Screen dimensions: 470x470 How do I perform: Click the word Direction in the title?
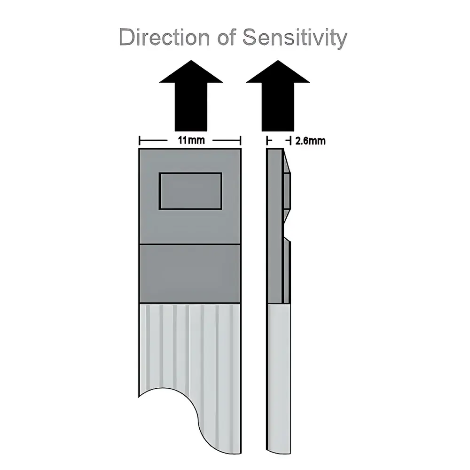pos(165,37)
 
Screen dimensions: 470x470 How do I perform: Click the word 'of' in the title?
pos(228,37)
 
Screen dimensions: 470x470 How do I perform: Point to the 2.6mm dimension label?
pos(310,141)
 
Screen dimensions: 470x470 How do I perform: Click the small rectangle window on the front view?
pos(190,191)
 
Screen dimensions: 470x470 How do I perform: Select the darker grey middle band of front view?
pos(190,274)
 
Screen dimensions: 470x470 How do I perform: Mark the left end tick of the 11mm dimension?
pos(140,141)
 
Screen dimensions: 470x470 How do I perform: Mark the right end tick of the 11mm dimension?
pos(241,141)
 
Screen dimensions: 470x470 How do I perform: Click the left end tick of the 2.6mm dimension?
pos(267,141)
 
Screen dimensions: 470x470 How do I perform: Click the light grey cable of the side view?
pos(279,376)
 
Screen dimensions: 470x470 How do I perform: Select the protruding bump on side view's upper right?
pos(287,190)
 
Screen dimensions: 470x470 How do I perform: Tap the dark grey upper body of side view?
pos(274,226)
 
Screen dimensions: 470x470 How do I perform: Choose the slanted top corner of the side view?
pos(286,160)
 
